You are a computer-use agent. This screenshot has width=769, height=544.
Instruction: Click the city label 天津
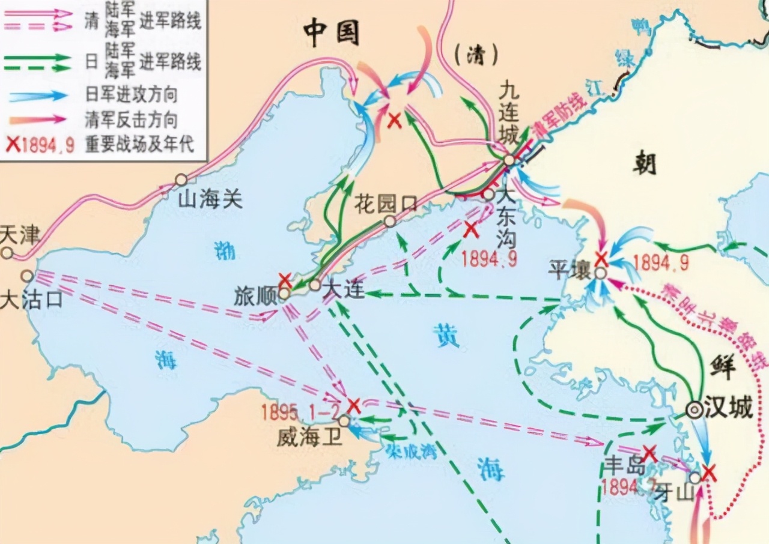20,235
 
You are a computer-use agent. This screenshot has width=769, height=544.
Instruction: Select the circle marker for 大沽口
26,276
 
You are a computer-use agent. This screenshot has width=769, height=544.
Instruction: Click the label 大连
344,289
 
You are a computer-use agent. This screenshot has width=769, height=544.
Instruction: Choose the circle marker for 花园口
390,222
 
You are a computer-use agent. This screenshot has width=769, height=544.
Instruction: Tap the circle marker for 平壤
600,273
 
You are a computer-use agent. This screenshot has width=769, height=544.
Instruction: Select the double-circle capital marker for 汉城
695,410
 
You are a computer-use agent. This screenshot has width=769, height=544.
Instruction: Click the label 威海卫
309,437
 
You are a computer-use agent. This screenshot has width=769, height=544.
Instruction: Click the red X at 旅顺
285,280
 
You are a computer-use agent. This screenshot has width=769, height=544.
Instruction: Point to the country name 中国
330,33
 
